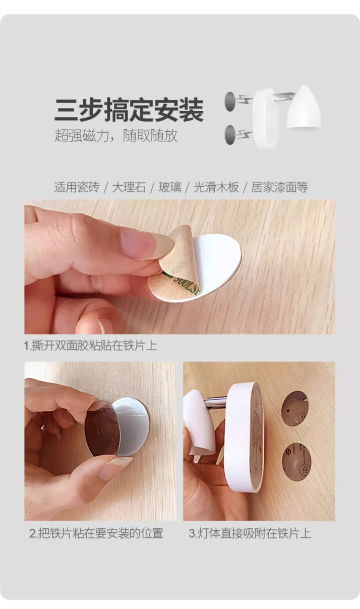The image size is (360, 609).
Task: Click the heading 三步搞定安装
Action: (x=129, y=110)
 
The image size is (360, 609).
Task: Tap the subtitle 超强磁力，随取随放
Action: (x=116, y=135)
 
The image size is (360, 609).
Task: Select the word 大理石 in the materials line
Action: (x=129, y=187)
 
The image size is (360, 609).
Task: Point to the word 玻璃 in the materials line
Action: (x=169, y=187)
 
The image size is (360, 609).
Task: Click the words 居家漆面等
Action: (x=279, y=187)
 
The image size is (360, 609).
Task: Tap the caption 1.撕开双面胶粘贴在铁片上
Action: (x=91, y=346)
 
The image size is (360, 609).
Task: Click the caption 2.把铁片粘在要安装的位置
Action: (x=96, y=533)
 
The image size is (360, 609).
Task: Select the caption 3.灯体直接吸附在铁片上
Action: (x=250, y=533)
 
